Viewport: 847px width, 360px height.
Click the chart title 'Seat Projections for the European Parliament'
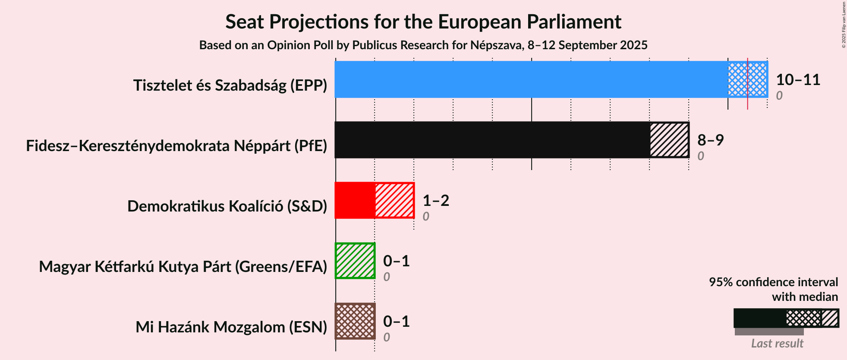[x=423, y=22]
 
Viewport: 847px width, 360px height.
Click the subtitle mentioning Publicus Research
[x=423, y=45]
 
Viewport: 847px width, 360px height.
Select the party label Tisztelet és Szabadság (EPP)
[x=230, y=85]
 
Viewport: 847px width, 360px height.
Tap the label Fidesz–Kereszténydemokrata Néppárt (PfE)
[x=176, y=146]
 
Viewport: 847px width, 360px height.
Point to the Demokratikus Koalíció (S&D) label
[x=227, y=206]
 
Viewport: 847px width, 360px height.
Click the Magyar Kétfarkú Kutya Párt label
[x=183, y=267]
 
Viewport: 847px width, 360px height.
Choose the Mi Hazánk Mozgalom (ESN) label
[x=231, y=327]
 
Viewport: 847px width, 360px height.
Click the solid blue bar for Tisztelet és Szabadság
[x=532, y=79]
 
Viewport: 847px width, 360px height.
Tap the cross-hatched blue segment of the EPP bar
[x=748, y=79]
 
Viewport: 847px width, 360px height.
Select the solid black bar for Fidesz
[x=492, y=140]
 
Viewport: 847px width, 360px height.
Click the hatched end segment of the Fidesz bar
[x=669, y=140]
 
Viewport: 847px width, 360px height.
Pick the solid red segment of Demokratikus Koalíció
[x=355, y=200]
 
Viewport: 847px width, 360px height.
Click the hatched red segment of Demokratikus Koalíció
[x=394, y=200]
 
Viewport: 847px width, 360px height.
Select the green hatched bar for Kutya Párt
[x=355, y=261]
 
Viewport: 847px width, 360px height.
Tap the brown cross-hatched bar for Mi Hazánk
[x=355, y=321]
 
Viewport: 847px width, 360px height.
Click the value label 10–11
[x=798, y=80]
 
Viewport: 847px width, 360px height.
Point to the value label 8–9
[x=711, y=140]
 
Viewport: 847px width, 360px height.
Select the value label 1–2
[x=436, y=201]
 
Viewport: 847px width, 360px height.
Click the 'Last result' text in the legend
[x=777, y=344]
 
